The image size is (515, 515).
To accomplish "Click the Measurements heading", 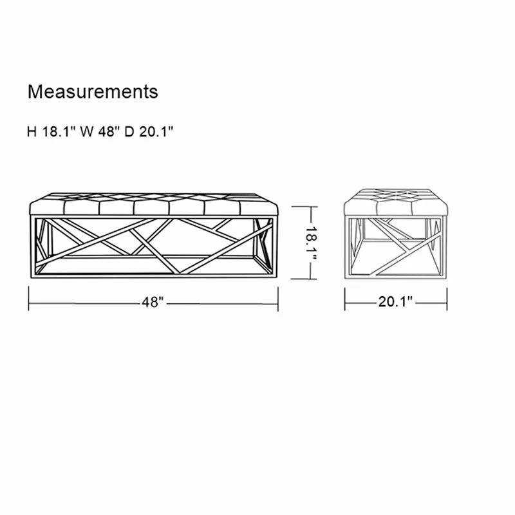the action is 93,91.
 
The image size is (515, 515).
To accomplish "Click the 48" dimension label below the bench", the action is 153,302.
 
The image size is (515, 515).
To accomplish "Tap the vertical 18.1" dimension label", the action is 310,243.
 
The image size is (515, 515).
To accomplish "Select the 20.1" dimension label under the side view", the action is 395,301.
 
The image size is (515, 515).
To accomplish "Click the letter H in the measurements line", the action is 32,132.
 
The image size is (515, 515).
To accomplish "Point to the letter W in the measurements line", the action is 87,132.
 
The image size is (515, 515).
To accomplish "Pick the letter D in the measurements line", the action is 130,132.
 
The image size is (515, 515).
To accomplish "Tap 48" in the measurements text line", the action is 108,132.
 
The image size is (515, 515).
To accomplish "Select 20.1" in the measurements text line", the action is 156,132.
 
